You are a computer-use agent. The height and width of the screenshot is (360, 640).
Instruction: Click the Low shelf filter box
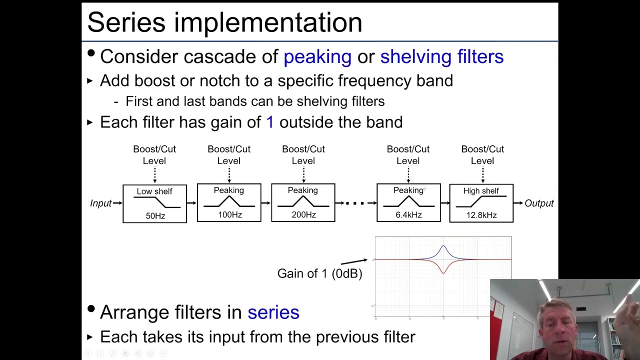[x=154, y=203]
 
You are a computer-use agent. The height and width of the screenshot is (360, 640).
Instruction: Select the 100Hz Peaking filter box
[x=229, y=202]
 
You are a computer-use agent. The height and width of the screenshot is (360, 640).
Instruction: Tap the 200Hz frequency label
[x=303, y=215]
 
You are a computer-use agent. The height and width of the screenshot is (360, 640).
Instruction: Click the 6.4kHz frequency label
[x=408, y=215]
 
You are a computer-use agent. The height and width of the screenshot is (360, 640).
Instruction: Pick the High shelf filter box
[x=481, y=203]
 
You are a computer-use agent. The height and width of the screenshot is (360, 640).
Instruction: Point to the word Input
[x=100, y=203]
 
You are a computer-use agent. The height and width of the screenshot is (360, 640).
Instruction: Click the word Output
[x=539, y=203]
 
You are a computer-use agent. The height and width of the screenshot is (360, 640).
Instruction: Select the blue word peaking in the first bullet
[x=317, y=57]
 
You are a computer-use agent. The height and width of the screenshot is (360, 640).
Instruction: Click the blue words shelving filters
[x=441, y=57]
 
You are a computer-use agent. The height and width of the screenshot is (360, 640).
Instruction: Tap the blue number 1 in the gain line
[x=270, y=122]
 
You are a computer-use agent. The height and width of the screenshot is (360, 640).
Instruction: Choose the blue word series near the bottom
[x=273, y=312]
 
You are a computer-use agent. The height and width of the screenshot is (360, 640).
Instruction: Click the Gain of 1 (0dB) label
[x=319, y=273]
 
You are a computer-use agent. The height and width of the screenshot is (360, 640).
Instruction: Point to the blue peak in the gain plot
[x=443, y=247]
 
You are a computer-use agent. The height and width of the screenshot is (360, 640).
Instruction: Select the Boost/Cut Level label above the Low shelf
[x=154, y=155]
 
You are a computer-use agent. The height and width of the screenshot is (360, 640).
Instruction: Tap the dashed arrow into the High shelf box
[x=482, y=175]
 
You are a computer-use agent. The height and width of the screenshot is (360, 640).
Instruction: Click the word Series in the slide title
[x=126, y=22]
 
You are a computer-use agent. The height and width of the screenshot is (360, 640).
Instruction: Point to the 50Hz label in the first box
[x=155, y=216]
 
